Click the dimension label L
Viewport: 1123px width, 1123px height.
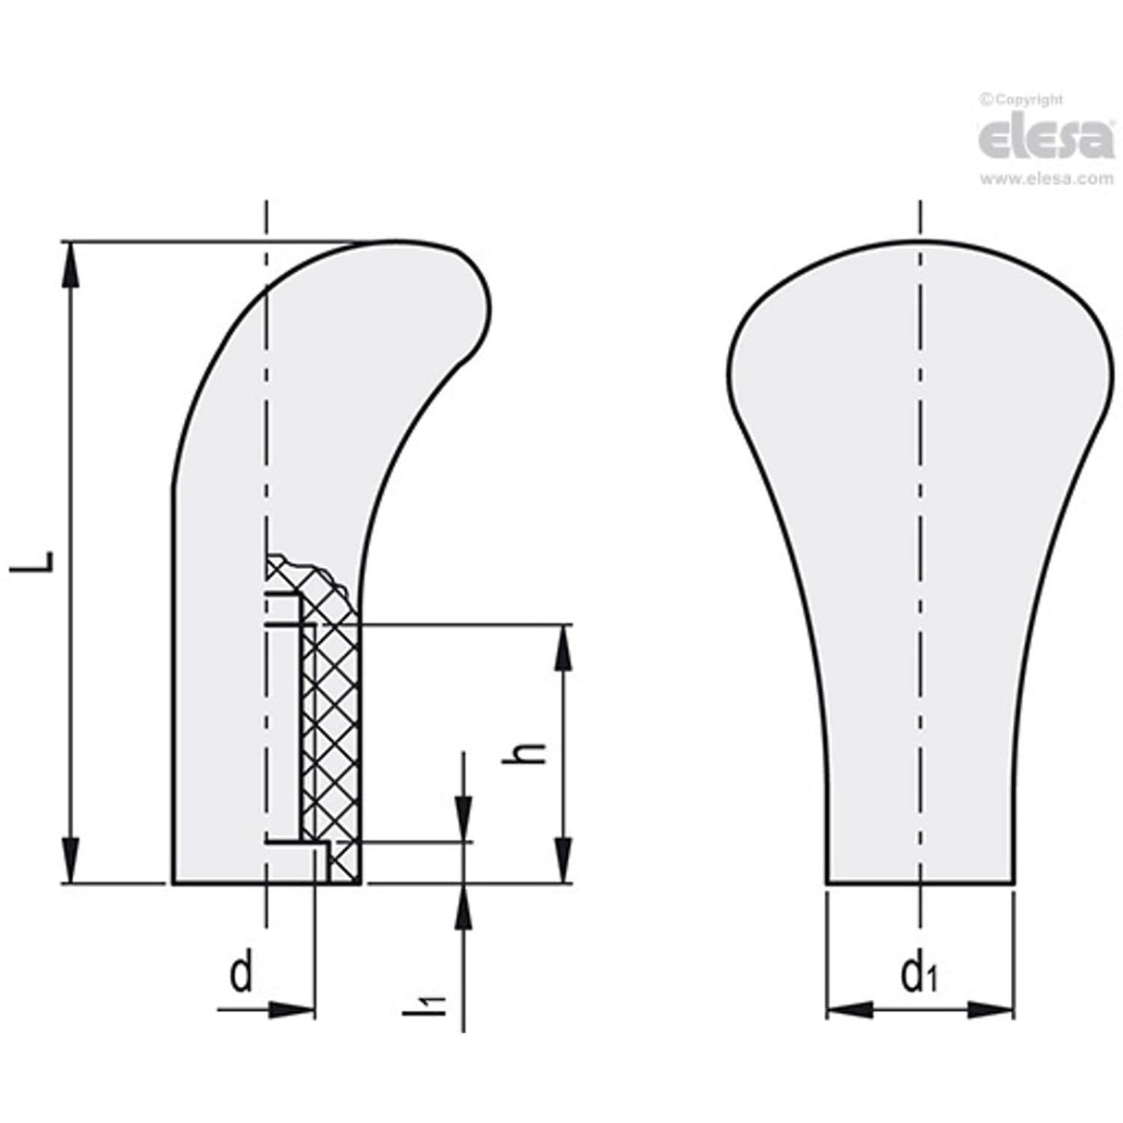[x=28, y=563]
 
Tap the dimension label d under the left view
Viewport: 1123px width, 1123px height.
[x=241, y=974]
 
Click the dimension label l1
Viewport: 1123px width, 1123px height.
[x=423, y=1005]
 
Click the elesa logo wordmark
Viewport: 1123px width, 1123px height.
[x=1045, y=139]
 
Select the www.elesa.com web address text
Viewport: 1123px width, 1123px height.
[x=1046, y=179]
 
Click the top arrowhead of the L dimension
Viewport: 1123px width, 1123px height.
[x=70, y=264]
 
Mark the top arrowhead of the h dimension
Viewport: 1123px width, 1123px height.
[x=561, y=645]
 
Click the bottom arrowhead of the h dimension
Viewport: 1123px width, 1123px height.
[x=561, y=862]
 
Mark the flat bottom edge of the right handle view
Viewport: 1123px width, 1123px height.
[x=920, y=883]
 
